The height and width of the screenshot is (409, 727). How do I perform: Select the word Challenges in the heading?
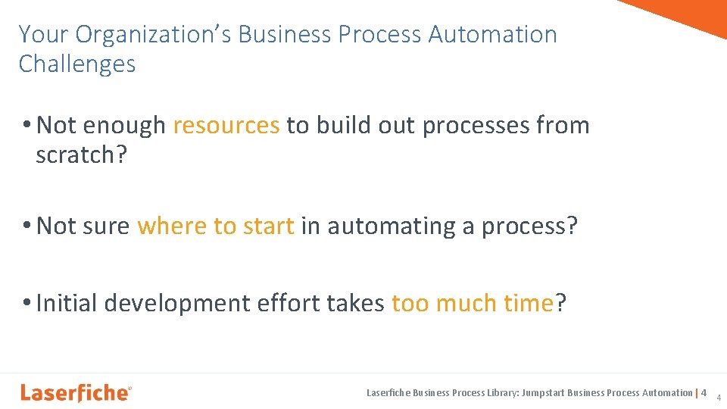tap(77, 64)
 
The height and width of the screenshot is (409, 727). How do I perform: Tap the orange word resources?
tap(226, 125)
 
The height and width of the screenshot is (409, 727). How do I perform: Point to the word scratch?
tap(80, 155)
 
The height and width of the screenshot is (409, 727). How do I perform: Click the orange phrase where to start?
tap(216, 226)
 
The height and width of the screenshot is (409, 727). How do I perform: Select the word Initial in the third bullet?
tap(67, 303)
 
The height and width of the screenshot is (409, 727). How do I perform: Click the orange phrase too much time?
tap(473, 303)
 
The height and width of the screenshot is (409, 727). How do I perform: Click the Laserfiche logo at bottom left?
tap(76, 392)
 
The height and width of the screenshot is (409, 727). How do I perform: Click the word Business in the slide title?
tap(284, 35)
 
